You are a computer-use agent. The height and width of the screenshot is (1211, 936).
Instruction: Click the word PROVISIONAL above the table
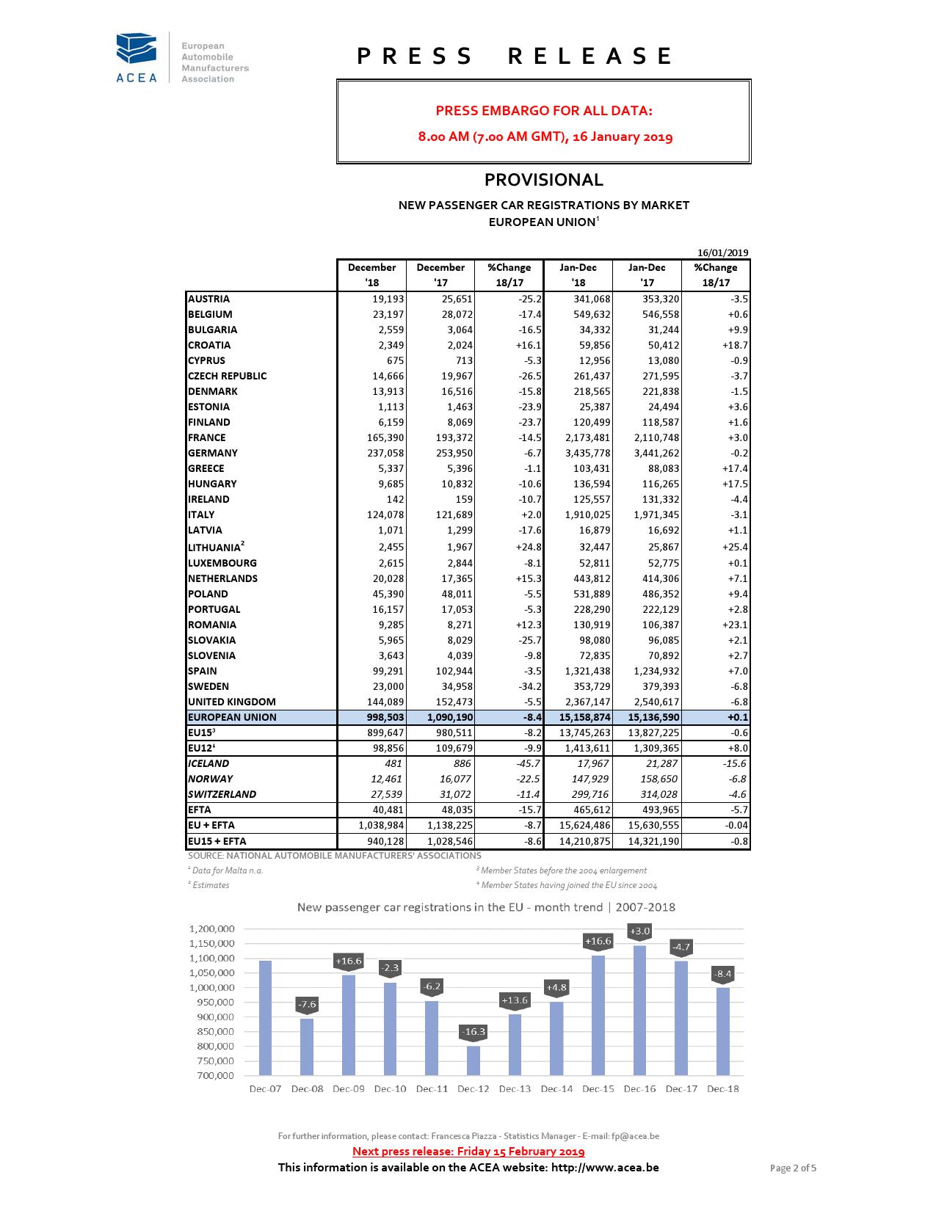click(543, 180)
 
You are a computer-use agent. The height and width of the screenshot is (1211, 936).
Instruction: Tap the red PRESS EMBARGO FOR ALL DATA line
click(543, 111)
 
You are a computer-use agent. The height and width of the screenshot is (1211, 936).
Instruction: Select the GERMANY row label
click(213, 453)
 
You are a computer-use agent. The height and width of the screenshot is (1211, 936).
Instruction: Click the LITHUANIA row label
click(215, 547)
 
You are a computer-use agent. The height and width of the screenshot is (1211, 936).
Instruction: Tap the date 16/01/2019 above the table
click(722, 252)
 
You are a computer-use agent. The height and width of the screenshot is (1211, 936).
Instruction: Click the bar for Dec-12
click(474, 1060)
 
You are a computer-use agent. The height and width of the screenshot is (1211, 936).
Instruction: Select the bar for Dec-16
click(639, 1010)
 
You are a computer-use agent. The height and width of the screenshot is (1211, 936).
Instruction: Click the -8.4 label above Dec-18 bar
click(722, 974)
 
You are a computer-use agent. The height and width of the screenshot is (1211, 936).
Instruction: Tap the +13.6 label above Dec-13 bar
click(514, 1000)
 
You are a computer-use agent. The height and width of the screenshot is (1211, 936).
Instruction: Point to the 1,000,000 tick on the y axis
click(211, 987)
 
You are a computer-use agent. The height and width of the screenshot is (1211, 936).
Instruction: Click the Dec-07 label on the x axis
click(265, 1088)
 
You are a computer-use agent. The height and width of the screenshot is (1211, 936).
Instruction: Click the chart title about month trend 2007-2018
click(486, 907)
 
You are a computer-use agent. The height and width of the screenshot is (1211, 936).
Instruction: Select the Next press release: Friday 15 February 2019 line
click(468, 1151)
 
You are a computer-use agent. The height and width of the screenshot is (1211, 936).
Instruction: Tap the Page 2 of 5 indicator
click(792, 1168)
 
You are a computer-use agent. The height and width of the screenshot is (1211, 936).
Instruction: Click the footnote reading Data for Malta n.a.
click(227, 870)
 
